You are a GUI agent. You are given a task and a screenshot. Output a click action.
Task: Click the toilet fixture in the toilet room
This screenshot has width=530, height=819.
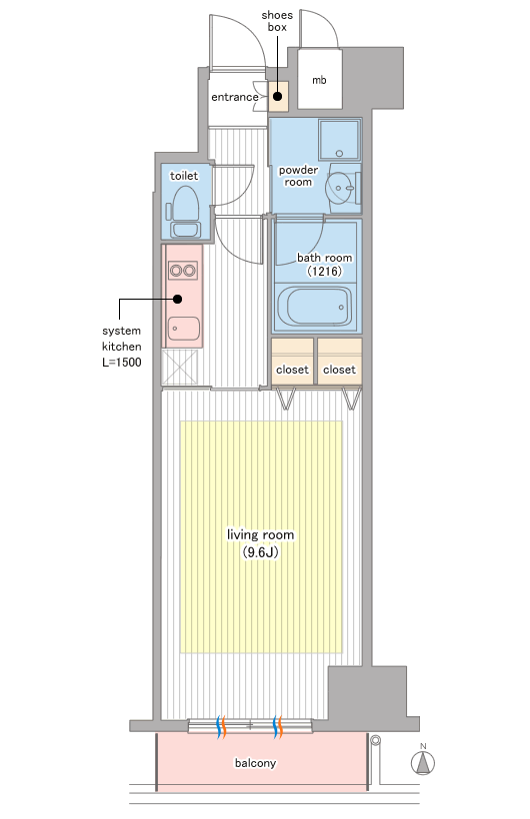click(x=184, y=212)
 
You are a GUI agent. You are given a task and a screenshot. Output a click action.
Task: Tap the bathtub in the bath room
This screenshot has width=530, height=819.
click(x=314, y=307)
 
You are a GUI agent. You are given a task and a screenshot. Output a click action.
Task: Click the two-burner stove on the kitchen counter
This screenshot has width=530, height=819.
click(x=182, y=271)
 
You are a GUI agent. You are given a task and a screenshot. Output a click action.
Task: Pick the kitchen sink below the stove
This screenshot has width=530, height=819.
click(x=184, y=329)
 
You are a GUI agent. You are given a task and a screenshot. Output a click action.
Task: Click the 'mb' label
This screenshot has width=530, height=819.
click(x=319, y=80)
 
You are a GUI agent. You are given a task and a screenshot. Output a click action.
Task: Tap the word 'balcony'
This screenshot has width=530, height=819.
click(x=255, y=763)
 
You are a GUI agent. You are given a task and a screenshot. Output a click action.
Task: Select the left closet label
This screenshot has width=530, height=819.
click(x=292, y=370)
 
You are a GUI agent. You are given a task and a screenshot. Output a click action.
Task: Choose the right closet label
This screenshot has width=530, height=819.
click(x=339, y=370)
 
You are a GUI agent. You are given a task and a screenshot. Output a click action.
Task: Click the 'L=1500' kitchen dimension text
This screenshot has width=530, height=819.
click(x=121, y=362)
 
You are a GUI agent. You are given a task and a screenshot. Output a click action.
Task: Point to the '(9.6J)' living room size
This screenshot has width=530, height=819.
click(x=261, y=552)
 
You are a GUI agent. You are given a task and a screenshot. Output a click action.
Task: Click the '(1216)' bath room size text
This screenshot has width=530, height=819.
click(x=324, y=271)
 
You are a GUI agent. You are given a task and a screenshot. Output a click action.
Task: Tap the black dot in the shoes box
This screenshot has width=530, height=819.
click(x=277, y=97)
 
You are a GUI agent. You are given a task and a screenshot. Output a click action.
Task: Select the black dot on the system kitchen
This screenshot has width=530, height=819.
click(x=177, y=300)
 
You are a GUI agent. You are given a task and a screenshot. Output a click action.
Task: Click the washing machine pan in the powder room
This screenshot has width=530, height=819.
click(x=340, y=140)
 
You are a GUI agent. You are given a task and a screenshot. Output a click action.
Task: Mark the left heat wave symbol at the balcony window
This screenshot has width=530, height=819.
click(x=221, y=726)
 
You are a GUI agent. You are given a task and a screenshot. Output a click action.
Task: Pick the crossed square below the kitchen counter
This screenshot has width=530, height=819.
click(x=179, y=368)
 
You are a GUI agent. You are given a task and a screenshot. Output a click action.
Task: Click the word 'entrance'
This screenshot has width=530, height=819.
click(x=234, y=97)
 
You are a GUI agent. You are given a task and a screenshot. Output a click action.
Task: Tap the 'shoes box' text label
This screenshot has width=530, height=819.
click(x=277, y=21)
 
